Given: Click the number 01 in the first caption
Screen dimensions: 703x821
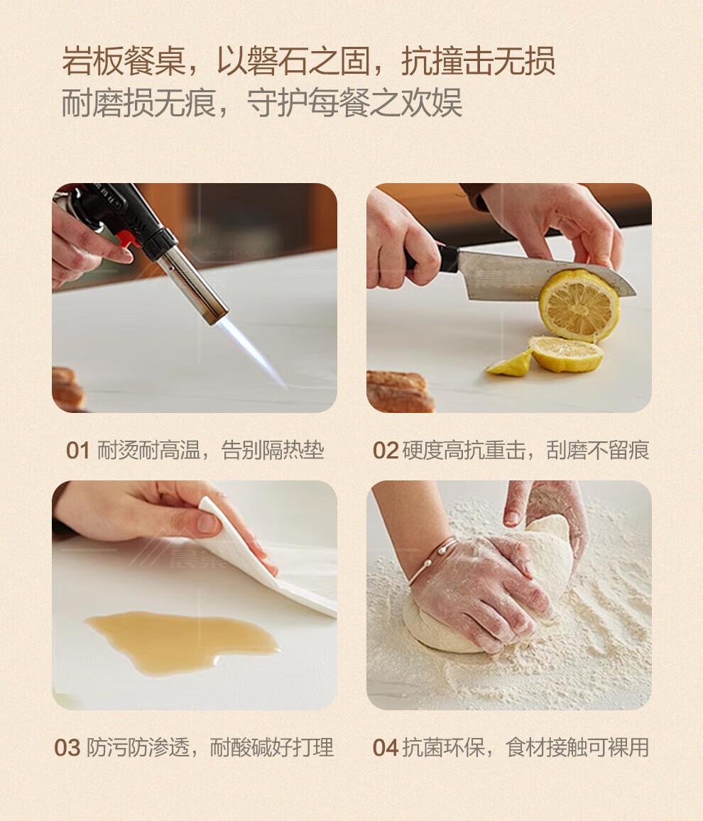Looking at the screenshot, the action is click(77, 451).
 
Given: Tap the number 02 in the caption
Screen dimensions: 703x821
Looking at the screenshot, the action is click(386, 451).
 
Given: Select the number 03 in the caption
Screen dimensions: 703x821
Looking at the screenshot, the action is click(67, 748).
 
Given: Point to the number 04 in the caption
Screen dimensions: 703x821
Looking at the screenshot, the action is click(386, 748).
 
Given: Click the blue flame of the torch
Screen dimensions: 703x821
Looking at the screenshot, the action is click(251, 351).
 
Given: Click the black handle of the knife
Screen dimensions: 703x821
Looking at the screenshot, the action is click(435, 258).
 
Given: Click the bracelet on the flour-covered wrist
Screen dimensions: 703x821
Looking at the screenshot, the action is click(432, 561).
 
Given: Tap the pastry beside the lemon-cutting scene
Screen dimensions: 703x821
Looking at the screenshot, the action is click(399, 391).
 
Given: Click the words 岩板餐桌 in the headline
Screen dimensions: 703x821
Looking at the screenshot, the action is click(124, 61).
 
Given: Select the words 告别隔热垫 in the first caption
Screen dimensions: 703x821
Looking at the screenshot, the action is click(273, 451).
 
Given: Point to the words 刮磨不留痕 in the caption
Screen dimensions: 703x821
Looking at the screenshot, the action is click(598, 451).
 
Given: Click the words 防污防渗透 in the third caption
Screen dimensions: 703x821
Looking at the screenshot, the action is click(138, 748).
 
